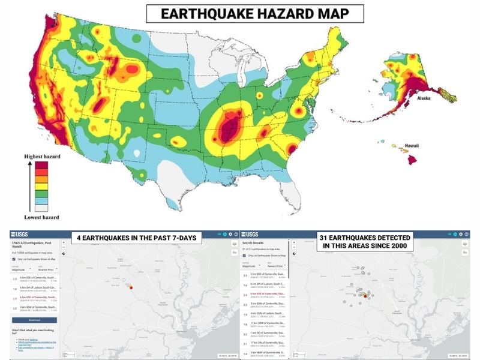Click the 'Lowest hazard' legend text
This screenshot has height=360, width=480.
tap(41, 217)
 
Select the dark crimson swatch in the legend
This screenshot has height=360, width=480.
tap(41, 165)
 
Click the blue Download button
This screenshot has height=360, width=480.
tap(34, 320)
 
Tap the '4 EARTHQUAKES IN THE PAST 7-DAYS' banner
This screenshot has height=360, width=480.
tap(136, 239)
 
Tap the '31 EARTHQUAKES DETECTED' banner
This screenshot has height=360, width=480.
tap(364, 242)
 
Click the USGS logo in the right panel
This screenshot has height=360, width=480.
tap(249, 233)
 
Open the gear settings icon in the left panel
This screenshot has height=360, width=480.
tap(230, 233)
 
